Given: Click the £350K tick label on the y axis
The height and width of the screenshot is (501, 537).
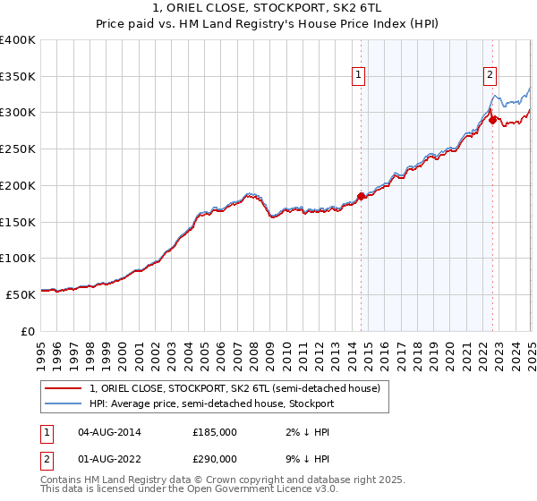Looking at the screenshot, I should pos(17,76).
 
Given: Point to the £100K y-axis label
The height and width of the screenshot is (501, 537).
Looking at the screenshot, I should pos(17,258).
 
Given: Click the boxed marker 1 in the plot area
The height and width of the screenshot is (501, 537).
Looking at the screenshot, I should pos(358,76).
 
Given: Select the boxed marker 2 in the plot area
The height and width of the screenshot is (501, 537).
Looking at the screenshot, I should pos(490,76).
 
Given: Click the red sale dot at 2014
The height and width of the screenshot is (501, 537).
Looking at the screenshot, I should pos(361,196).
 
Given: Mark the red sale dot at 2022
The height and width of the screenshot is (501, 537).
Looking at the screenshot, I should pos(492,120).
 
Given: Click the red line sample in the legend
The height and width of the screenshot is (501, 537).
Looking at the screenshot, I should pos(64,388).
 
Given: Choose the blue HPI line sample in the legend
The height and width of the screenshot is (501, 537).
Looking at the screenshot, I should pos(64,403).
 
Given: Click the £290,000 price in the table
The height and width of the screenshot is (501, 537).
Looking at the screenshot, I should pos(215,457).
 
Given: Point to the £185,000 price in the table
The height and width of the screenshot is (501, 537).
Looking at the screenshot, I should pos(215,432).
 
